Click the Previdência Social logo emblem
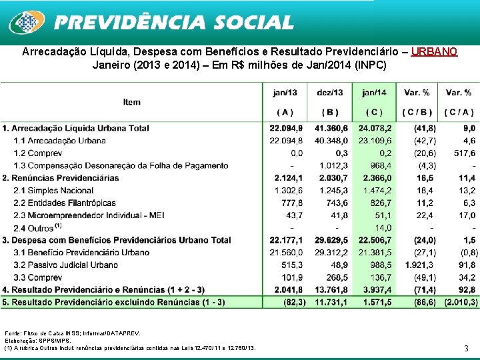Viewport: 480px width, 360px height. pos(26,22)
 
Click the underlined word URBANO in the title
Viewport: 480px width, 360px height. pos(434,51)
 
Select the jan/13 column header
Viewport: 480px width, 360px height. pos(285,93)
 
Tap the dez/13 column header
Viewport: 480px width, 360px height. pos(329,93)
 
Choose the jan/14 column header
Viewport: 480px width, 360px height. pos(373,93)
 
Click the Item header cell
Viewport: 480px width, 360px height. pos(132,102)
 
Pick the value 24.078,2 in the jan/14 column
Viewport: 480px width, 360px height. pos(375,128)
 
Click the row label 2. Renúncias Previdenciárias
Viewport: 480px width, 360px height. pos(60,178)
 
